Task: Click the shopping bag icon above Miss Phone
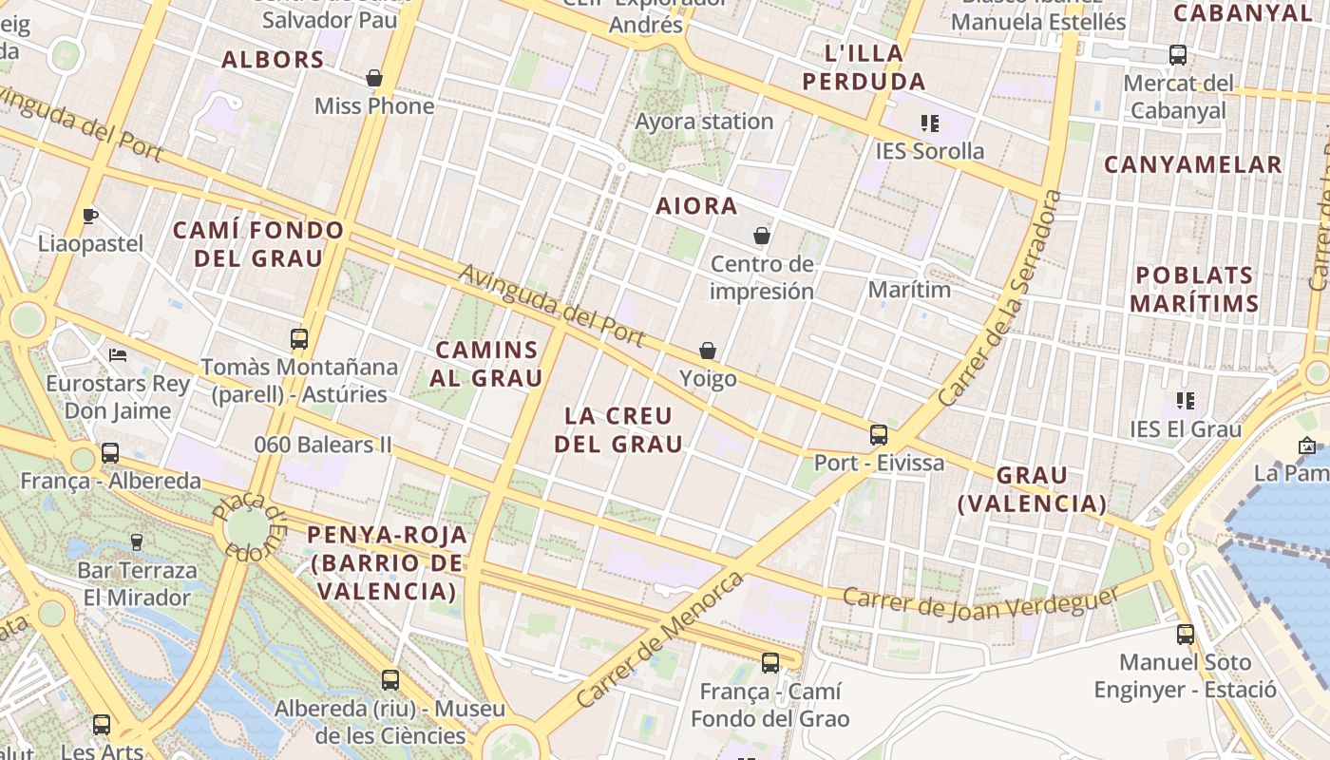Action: [x=374, y=78]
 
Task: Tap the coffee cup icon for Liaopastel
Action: [x=90, y=216]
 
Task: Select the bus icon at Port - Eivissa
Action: [x=879, y=435]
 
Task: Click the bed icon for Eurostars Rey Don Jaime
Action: [x=118, y=355]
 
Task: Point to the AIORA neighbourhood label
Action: [x=696, y=206]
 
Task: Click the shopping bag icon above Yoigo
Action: [x=708, y=351]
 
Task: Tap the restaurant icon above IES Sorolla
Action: [x=929, y=123]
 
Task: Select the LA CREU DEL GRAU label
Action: [x=618, y=429]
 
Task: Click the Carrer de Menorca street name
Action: [x=660, y=638]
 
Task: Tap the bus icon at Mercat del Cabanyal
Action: [x=1178, y=54]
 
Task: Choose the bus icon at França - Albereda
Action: [x=110, y=452]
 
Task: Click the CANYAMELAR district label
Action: [x=1192, y=164]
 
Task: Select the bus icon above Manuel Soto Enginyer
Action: [x=1186, y=634]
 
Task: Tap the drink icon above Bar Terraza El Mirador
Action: [x=137, y=542]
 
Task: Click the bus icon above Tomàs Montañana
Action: [x=299, y=338]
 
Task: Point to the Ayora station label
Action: [x=704, y=122]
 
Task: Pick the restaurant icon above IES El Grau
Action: [x=1185, y=401]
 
